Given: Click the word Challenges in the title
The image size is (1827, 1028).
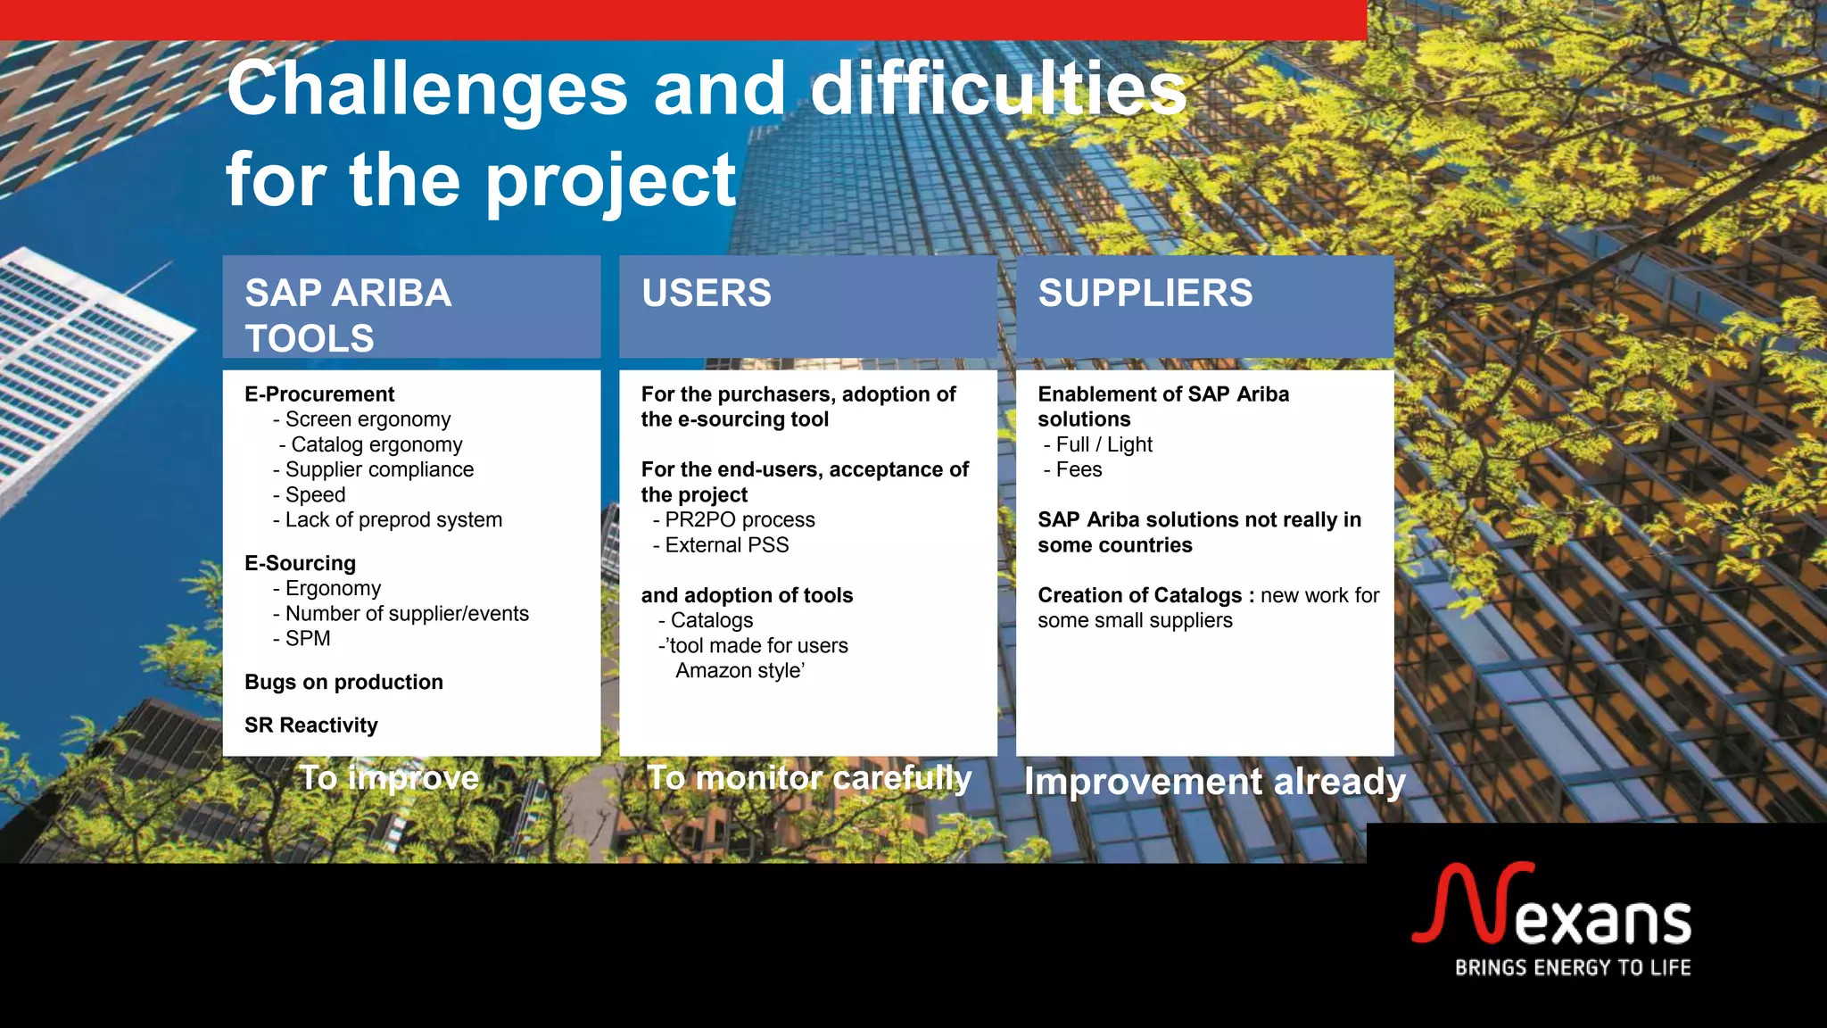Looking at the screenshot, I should [426, 89].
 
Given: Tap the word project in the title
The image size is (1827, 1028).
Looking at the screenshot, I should [611, 181].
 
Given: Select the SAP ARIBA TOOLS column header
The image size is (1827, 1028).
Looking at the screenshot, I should [348, 314].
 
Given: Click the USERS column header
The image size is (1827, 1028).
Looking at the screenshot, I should [707, 294].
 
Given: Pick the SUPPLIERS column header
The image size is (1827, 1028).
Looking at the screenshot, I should [1145, 294].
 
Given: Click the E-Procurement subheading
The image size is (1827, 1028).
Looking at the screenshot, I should [319, 394].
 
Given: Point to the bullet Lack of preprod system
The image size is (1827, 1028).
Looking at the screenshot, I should [393, 520].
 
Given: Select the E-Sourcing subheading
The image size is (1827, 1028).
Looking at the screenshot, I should [300, 563].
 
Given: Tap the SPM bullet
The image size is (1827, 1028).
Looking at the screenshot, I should [307, 639].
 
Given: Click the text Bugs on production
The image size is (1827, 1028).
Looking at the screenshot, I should [343, 683].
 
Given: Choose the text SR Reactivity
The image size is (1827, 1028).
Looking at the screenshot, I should [310, 725].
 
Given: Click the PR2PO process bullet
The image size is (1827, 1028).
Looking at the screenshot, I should [739, 520].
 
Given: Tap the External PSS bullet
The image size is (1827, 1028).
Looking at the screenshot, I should [726, 545].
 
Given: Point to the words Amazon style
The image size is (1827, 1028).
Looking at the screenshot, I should [740, 671].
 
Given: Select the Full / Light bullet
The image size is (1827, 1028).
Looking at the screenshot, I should [1104, 444].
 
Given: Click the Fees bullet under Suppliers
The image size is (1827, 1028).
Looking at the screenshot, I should [1078, 470].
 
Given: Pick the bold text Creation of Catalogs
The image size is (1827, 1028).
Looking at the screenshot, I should [1139, 595].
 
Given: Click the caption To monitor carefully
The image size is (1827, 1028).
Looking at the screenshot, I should [808, 778].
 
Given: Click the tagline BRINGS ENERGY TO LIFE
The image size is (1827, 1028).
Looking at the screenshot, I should [1572, 968].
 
